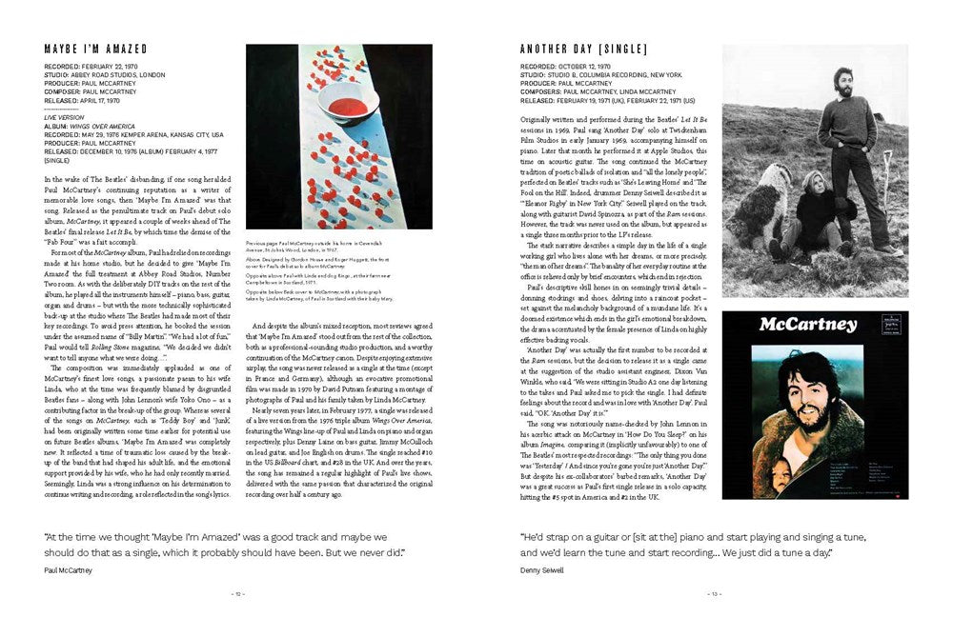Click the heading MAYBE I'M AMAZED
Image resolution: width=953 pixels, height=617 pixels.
[96, 49]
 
